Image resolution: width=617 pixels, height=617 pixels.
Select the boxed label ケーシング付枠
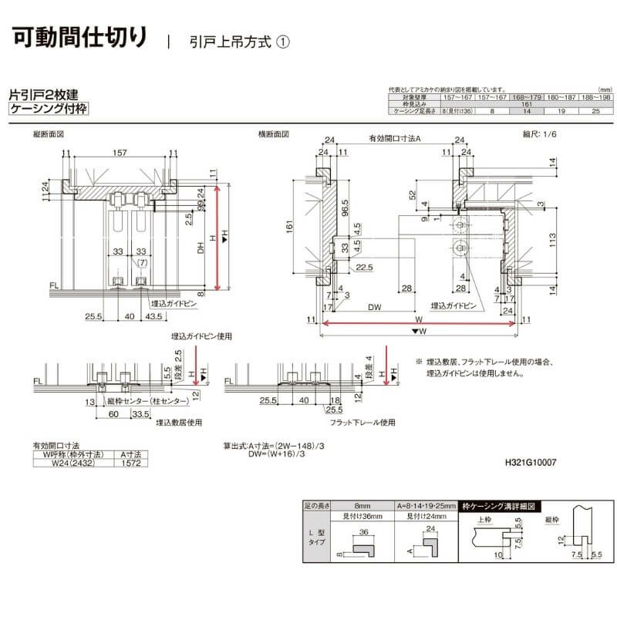pos(48,110)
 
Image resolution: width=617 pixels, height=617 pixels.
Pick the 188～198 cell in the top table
pos(595,97)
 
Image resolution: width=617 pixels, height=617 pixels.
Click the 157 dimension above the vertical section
pos(120,153)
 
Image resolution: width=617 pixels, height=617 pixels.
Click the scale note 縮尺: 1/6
pos(539,134)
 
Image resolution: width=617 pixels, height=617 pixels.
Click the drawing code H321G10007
pos(530,463)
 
